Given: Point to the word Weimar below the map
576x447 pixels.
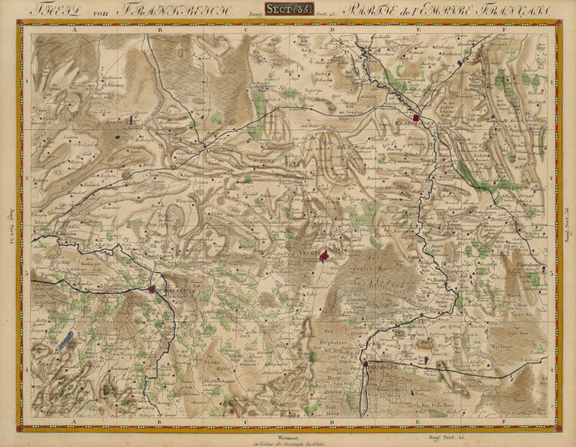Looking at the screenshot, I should pyautogui.click(x=288, y=435).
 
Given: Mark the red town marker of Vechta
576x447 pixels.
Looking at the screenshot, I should pyautogui.click(x=324, y=256).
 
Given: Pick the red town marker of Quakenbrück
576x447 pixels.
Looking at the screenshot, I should pyautogui.click(x=152, y=288).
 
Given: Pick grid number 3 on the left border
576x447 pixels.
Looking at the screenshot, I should pyautogui.click(x=27, y=273).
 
